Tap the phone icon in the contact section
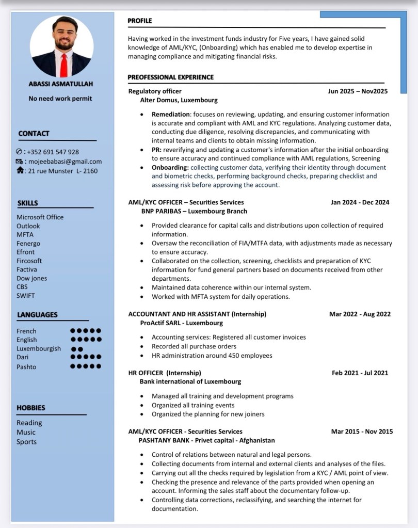click(20, 152)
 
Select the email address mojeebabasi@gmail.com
click(65, 161)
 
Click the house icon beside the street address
click(20, 170)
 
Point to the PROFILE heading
click(140, 21)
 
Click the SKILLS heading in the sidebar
click(27, 203)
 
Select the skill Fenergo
click(28, 243)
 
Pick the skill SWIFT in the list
click(26, 296)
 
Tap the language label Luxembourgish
click(39, 348)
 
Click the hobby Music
click(26, 432)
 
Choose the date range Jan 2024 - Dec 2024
click(360, 202)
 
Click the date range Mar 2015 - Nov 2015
click(362, 431)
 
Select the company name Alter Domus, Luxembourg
click(179, 100)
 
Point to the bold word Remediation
click(171, 114)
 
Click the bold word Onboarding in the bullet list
click(170, 167)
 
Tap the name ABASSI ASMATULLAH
click(61, 84)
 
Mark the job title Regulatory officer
click(155, 91)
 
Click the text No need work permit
click(60, 98)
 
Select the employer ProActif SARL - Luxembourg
click(181, 323)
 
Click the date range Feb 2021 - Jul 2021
click(360, 373)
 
